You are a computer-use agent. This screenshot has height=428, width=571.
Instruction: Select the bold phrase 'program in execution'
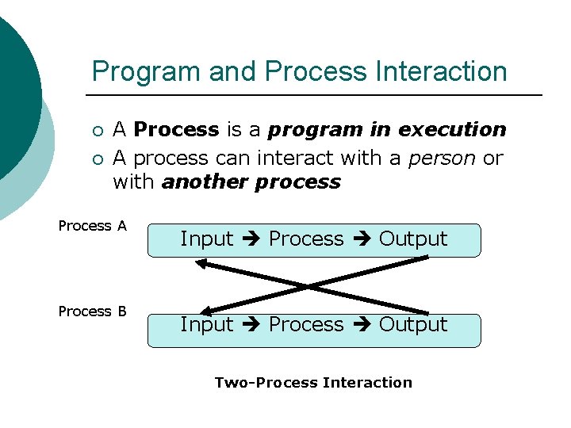pyautogui.click(x=387, y=129)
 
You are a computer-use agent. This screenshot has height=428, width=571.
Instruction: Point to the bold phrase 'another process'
pyautogui.click(x=251, y=182)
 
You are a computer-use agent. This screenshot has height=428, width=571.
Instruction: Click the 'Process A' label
pyautogui.click(x=92, y=226)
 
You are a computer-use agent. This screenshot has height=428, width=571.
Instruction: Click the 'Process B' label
pyautogui.click(x=92, y=311)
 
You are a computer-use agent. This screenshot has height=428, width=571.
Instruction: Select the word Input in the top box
pyautogui.click(x=207, y=239)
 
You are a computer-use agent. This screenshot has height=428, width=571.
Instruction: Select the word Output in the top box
pyautogui.click(x=413, y=239)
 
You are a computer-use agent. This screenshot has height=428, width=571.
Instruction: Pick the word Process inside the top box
pyautogui.click(x=306, y=239)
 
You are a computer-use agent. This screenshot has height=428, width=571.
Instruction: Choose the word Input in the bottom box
pyautogui.click(x=207, y=324)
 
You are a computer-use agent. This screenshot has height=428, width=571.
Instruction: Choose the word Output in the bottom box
pyautogui.click(x=413, y=324)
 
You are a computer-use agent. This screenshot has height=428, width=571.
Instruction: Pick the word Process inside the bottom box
pyautogui.click(x=306, y=324)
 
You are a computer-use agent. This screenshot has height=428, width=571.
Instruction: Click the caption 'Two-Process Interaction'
pyautogui.click(x=313, y=383)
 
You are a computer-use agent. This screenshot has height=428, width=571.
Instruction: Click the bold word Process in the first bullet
pyautogui.click(x=176, y=129)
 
